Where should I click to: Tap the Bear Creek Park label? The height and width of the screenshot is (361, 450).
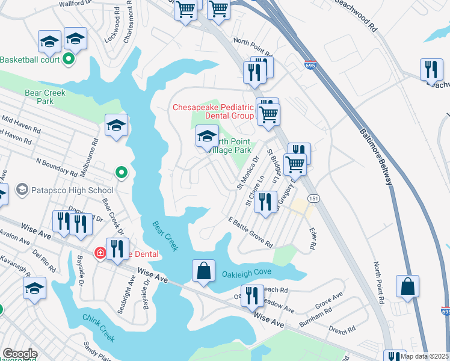[45, 97]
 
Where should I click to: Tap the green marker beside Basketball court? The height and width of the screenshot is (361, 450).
[68, 59]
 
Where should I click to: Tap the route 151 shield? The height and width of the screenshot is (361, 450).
[313, 198]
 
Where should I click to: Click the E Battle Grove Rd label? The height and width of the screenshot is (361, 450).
[250, 232]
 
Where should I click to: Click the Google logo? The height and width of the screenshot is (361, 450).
[20, 354]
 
